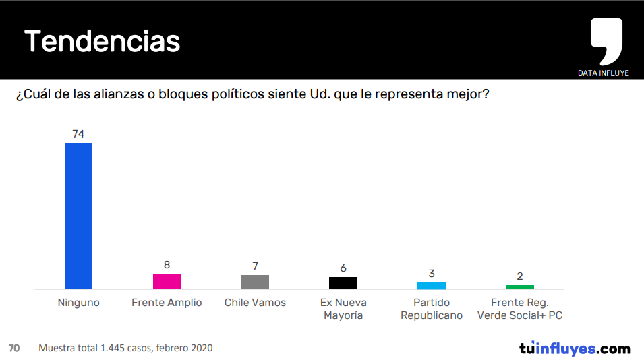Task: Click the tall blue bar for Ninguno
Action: coord(78,216)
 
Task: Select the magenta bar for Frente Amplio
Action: coord(167,281)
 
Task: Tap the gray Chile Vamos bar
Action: coord(255,282)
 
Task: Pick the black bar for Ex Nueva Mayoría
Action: coord(343,282)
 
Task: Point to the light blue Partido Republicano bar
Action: coord(432,286)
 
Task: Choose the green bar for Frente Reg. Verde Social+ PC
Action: coord(520,286)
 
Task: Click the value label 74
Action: coord(78,133)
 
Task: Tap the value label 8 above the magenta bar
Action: coord(167,265)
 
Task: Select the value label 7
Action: coord(255,266)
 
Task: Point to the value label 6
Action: coord(343,268)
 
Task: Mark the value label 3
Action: coord(432,274)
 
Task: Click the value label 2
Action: coord(520,276)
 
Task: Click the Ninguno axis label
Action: coord(78,303)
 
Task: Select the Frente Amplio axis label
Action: coord(167,303)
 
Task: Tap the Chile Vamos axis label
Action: coord(255,303)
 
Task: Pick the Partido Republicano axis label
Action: coord(432,309)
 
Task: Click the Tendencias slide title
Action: coord(103,42)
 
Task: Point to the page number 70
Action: coord(14,348)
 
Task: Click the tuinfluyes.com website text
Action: coord(575,349)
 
